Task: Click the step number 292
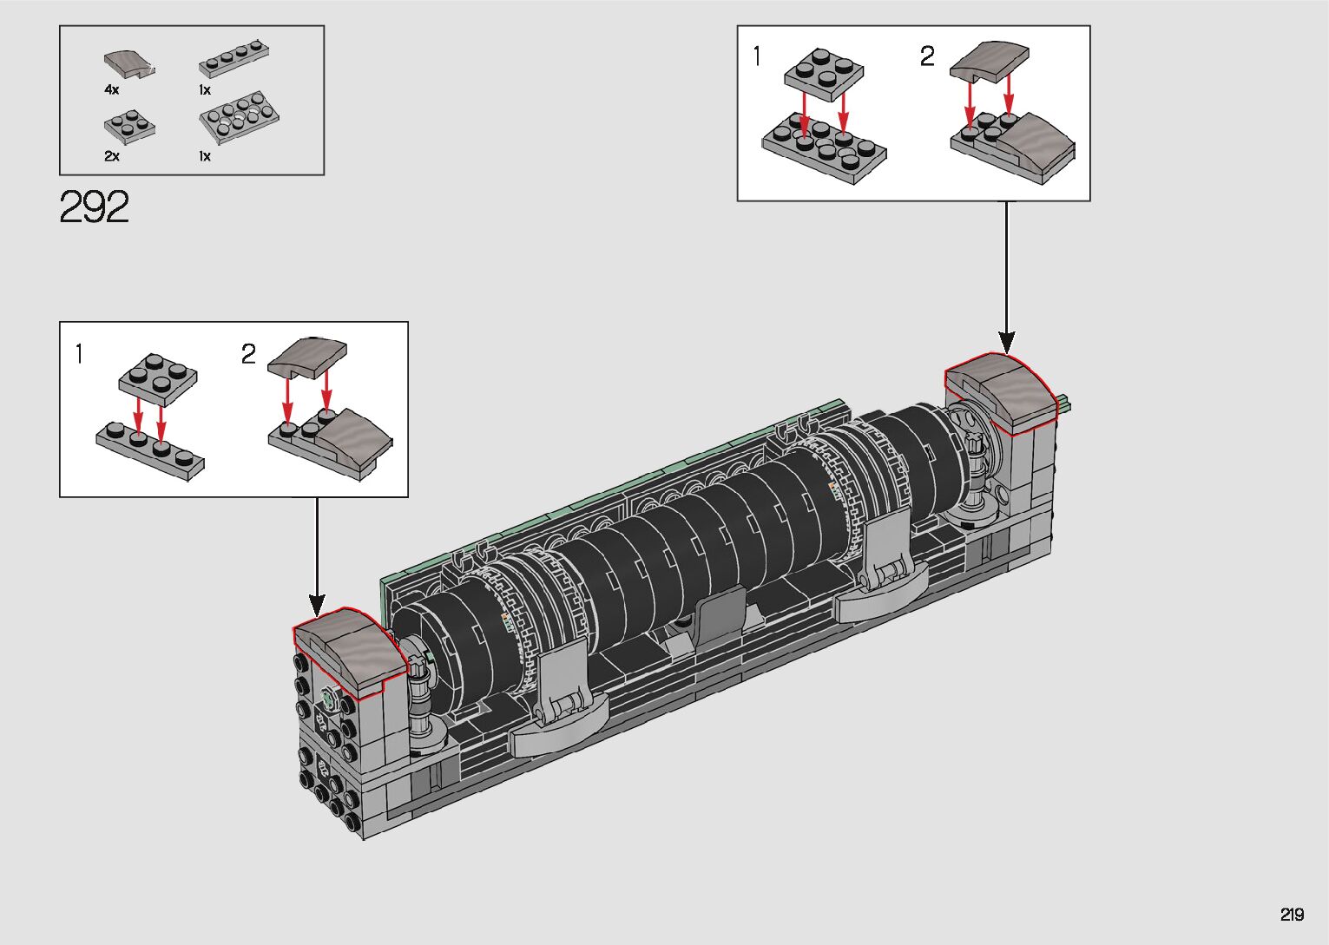[94, 207]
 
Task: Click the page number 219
[1292, 914]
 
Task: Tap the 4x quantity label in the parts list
[111, 89]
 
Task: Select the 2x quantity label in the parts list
[111, 156]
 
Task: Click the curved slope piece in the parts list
[129, 63]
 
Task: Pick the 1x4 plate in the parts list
[234, 58]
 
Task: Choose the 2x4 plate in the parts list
[239, 117]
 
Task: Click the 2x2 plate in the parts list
[129, 127]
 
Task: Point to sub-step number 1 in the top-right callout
[756, 56]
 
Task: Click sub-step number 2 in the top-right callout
[927, 56]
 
